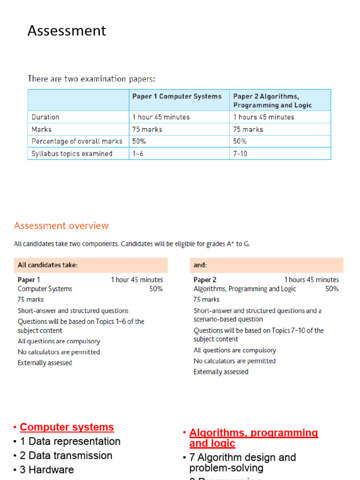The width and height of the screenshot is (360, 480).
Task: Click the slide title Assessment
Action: (x=67, y=31)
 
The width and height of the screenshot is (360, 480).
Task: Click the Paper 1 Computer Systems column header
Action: (x=177, y=97)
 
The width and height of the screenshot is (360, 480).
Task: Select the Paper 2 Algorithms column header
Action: (x=272, y=101)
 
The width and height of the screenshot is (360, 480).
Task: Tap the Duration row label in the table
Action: (x=45, y=117)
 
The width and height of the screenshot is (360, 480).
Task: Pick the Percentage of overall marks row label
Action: (x=77, y=141)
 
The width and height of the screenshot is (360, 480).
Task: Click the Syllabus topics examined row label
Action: (x=72, y=154)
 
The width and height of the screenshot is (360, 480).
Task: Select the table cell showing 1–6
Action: (x=138, y=154)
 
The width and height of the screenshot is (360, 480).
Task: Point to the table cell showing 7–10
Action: (x=240, y=154)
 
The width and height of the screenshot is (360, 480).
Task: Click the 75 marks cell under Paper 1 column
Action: (x=147, y=129)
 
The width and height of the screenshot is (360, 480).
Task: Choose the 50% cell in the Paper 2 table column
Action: (x=240, y=141)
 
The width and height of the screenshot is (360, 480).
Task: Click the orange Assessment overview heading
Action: (x=61, y=226)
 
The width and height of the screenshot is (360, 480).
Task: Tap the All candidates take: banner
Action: (x=48, y=265)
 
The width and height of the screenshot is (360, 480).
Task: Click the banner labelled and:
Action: (x=200, y=265)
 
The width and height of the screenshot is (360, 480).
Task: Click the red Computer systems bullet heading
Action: (x=67, y=427)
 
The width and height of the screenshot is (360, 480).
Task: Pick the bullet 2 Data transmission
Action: (x=66, y=456)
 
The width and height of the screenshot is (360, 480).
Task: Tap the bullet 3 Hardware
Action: (x=46, y=470)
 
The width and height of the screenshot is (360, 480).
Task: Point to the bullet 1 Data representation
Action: (x=70, y=442)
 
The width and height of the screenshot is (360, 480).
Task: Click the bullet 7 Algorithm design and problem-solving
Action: (x=242, y=463)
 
